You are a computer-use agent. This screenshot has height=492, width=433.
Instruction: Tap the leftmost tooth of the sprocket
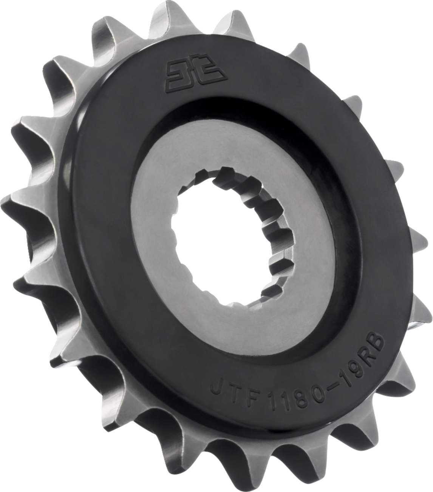tap(15, 201)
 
